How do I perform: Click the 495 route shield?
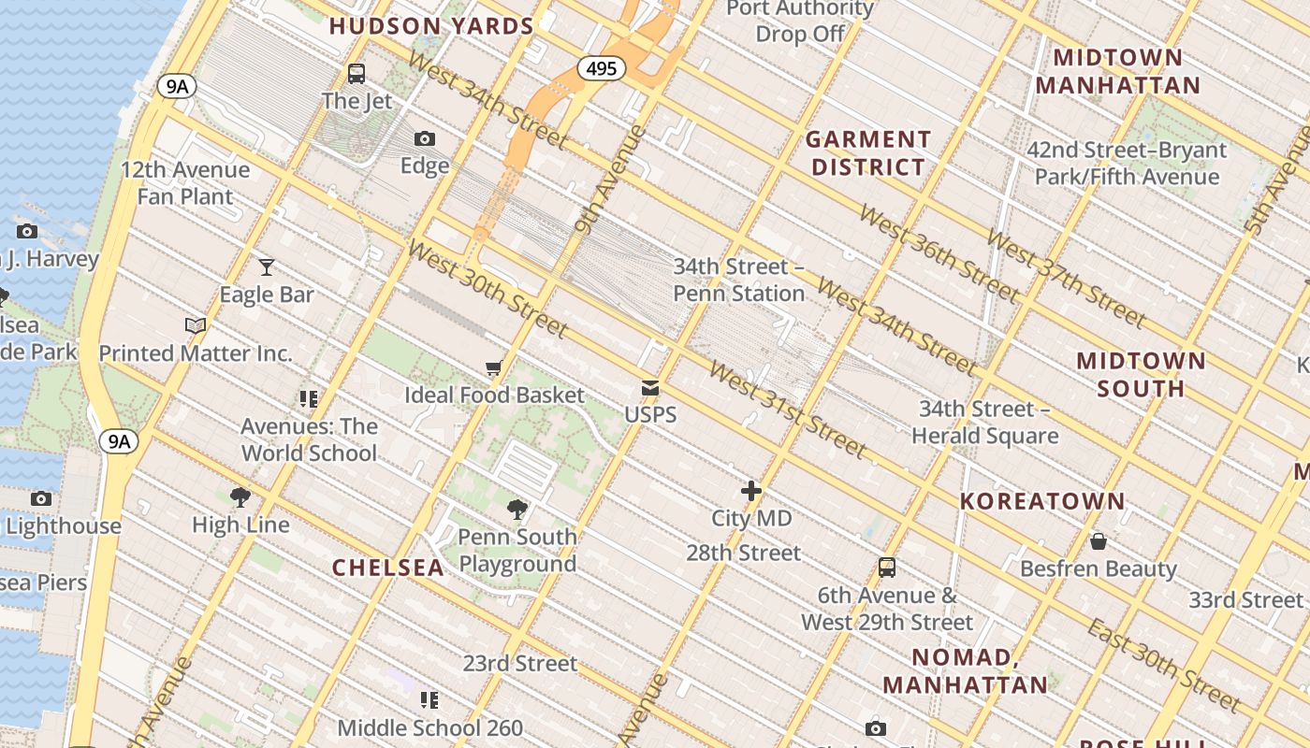601,68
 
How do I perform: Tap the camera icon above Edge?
425,138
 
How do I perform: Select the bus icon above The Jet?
357,73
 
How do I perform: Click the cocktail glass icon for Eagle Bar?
267,267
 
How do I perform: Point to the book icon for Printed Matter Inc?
196,325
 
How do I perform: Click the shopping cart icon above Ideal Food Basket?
494,368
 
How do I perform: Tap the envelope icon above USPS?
650,388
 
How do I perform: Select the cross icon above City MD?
751,491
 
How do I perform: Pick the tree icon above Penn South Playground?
517,510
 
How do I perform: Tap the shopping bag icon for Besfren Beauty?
1099,541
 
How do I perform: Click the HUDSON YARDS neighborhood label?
431,26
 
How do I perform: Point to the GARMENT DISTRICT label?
868,153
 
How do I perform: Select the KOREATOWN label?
1042,501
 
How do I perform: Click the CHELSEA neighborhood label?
388,568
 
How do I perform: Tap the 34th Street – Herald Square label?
984,423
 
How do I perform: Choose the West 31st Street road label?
786,408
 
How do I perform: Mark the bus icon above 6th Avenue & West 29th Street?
886,568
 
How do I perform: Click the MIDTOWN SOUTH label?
1141,374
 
